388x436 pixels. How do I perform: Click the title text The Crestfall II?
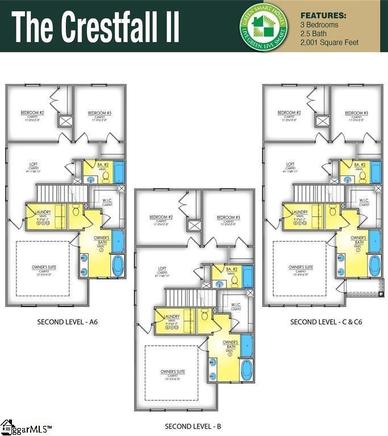coord(95,26)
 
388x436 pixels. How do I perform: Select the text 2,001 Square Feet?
coord(329,43)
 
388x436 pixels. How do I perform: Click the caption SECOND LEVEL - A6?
coord(68,322)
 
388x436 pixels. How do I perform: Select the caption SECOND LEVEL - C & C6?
coord(326,322)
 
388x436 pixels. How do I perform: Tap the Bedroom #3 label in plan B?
coord(229,217)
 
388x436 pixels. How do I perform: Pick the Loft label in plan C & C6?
coord(290,165)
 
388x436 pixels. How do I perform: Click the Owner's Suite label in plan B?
coord(173,372)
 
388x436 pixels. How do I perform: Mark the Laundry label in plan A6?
coord(44,212)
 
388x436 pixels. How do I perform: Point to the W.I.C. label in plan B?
coord(237,304)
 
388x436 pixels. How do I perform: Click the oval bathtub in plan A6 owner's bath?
coord(118,265)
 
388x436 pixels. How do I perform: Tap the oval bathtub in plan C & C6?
coord(374,265)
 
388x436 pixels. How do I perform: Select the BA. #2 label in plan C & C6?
coord(360,165)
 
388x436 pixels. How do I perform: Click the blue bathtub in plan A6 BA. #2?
coord(119,171)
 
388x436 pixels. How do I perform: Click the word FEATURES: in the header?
coord(323,15)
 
